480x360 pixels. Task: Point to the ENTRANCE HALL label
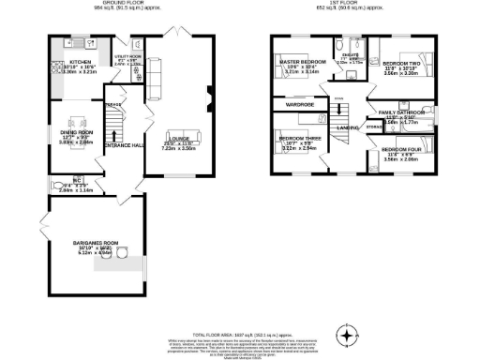(123, 144)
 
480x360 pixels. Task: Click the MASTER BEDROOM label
(302, 63)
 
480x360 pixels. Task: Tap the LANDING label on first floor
(349, 127)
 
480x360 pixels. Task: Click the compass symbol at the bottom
(349, 335)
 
